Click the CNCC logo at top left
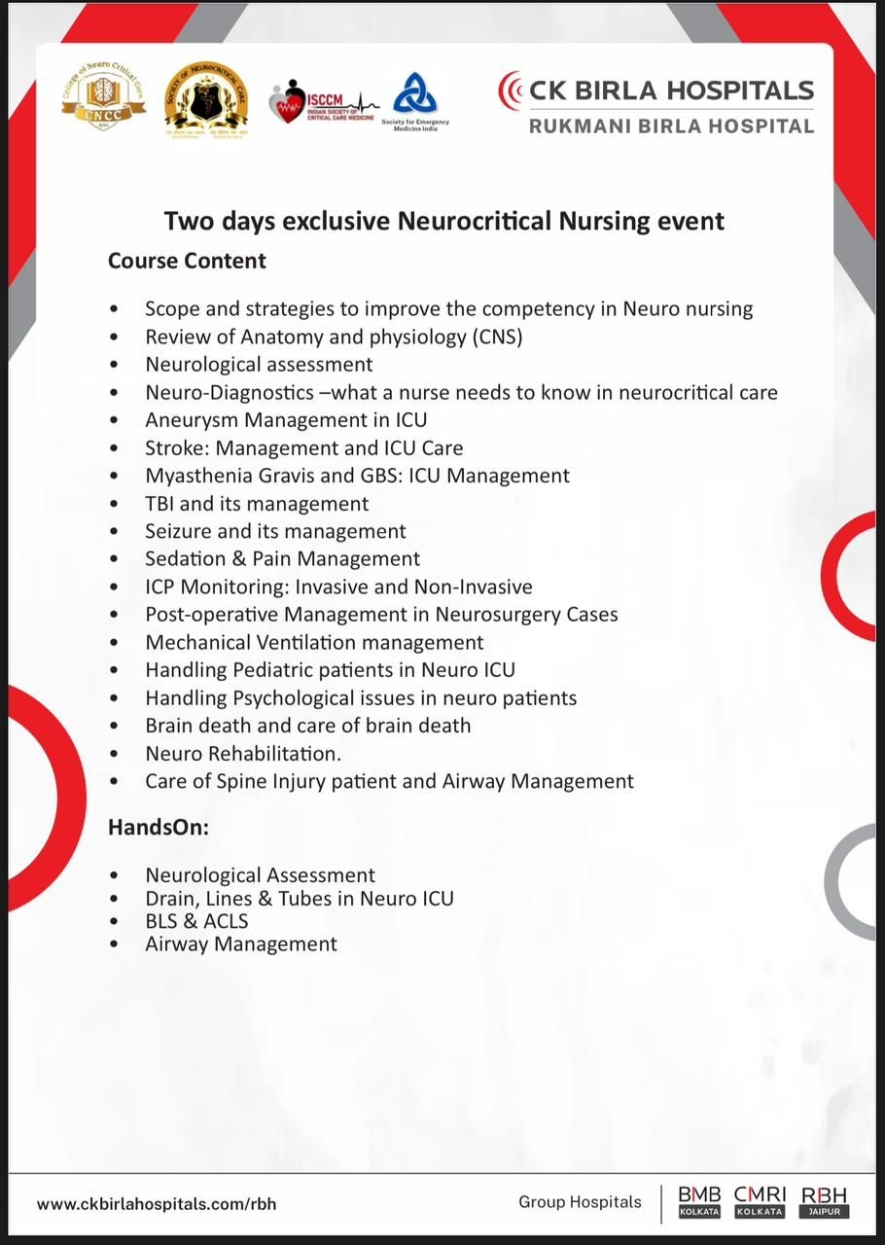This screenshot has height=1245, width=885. (103, 97)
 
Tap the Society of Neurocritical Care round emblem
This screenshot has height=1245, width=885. (205, 99)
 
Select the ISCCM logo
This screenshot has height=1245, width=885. (321, 101)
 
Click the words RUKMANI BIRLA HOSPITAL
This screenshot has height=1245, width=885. (671, 125)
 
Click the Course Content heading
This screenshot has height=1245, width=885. (187, 261)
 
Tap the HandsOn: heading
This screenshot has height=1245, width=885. (159, 828)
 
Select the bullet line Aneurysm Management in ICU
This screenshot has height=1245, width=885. (286, 420)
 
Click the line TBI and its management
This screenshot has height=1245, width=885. (257, 504)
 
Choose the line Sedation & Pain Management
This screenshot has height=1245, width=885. (282, 558)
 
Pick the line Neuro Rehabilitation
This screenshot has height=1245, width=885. (243, 753)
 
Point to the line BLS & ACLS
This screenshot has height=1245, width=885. (196, 920)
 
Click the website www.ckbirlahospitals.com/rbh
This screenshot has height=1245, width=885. (157, 1203)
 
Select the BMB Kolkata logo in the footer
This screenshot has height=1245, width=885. (699, 1202)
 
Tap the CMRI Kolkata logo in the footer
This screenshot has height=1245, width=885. (760, 1202)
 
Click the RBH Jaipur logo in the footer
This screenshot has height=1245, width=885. (824, 1202)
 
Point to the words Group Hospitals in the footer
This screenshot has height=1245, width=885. (580, 1202)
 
